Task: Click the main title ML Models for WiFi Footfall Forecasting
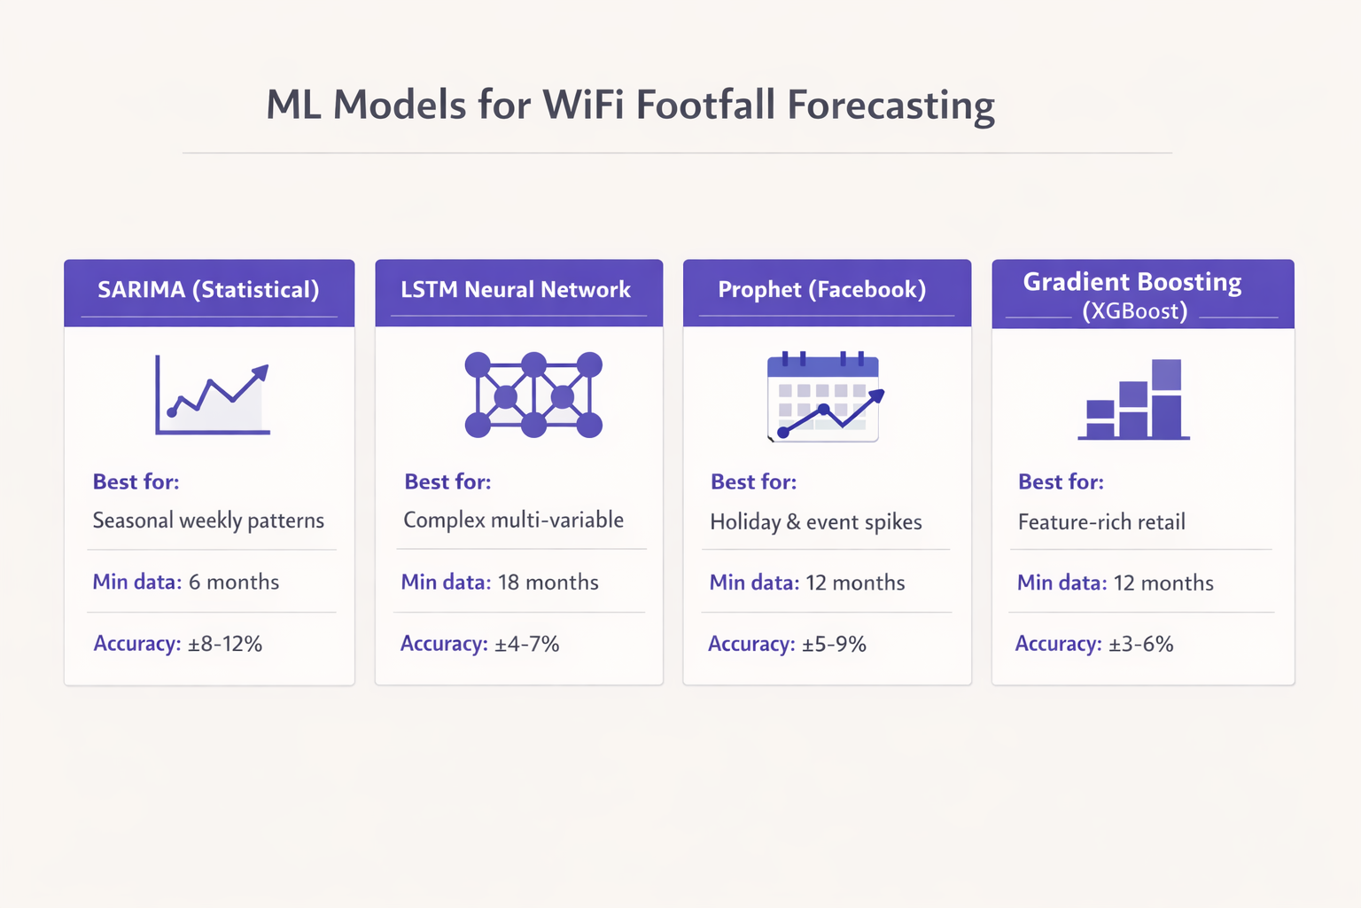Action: pos(630,106)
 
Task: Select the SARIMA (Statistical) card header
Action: pos(208,290)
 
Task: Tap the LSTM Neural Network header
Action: pos(516,290)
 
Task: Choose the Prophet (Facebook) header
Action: pos(821,290)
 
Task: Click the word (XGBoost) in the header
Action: pos(1134,311)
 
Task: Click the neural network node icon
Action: pos(533,395)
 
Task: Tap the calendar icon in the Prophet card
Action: pos(824,397)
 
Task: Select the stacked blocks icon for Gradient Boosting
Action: pos(1133,400)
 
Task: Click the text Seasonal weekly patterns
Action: pos(208,521)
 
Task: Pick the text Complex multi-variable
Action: pos(513,521)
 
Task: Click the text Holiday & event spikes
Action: pos(815,522)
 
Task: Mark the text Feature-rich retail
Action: pos(1101,522)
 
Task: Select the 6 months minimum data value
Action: pos(234,583)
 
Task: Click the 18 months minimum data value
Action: pos(548,583)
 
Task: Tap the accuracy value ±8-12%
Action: pos(225,644)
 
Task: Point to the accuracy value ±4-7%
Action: pos(526,644)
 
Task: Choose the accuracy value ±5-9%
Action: pos(834,645)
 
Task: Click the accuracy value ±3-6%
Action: pos(1140,645)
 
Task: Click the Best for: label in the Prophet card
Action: pos(753,482)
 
